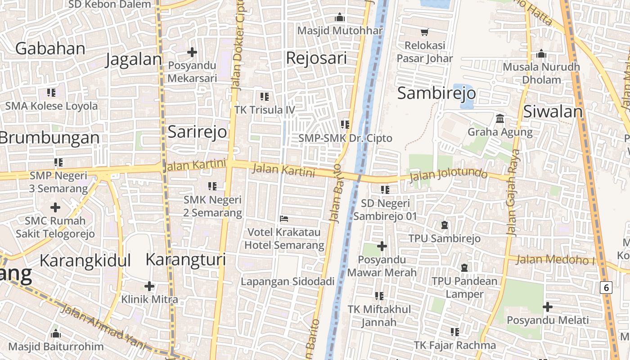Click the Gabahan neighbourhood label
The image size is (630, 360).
(50, 49)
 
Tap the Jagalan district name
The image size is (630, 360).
(133, 59)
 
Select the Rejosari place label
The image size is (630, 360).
(316, 58)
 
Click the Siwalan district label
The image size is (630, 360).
(553, 112)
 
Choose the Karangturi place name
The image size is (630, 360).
(185, 260)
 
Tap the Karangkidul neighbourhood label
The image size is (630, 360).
(85, 261)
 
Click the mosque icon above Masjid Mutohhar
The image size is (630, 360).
(340, 18)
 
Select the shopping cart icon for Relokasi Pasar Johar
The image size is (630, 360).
(424, 32)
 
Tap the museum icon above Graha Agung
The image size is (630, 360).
(499, 119)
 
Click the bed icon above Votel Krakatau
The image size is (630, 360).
(284, 219)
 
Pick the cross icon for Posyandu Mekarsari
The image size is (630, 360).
(192, 53)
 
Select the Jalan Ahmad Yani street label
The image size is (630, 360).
(103, 326)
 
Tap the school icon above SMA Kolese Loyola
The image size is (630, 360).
(51, 93)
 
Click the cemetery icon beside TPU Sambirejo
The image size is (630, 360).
(445, 225)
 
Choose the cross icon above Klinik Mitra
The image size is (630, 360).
(149, 286)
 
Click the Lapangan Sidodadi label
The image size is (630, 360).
(288, 282)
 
